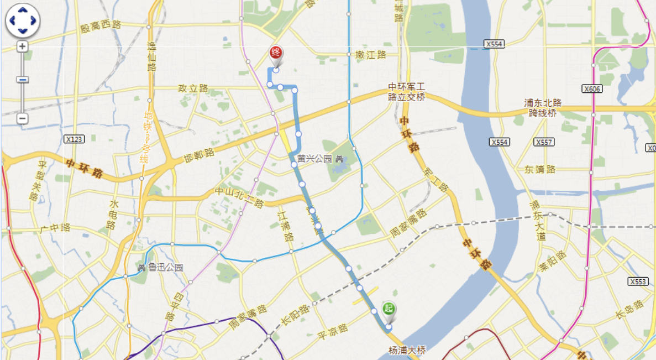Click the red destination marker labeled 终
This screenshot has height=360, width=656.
[x=276, y=54]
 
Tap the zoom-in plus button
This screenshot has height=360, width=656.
[x=22, y=46]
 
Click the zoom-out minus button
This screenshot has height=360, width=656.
[x=22, y=118]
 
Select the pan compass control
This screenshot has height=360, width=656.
[x=23, y=20]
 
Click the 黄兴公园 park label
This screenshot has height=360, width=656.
[x=314, y=158]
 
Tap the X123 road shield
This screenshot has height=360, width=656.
[x=74, y=139]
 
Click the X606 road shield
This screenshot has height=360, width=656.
[x=592, y=88]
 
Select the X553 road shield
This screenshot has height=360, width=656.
[x=638, y=281]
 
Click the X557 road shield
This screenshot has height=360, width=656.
[x=544, y=142]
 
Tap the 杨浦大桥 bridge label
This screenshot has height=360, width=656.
[x=408, y=350]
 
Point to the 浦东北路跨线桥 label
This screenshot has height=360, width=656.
[x=543, y=108]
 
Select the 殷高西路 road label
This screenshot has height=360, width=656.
[x=100, y=26]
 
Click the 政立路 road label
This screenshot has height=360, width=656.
[x=193, y=88]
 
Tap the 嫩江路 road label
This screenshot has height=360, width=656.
[x=370, y=55]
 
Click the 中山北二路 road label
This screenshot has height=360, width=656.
[x=239, y=197]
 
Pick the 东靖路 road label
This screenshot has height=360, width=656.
[x=540, y=169]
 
